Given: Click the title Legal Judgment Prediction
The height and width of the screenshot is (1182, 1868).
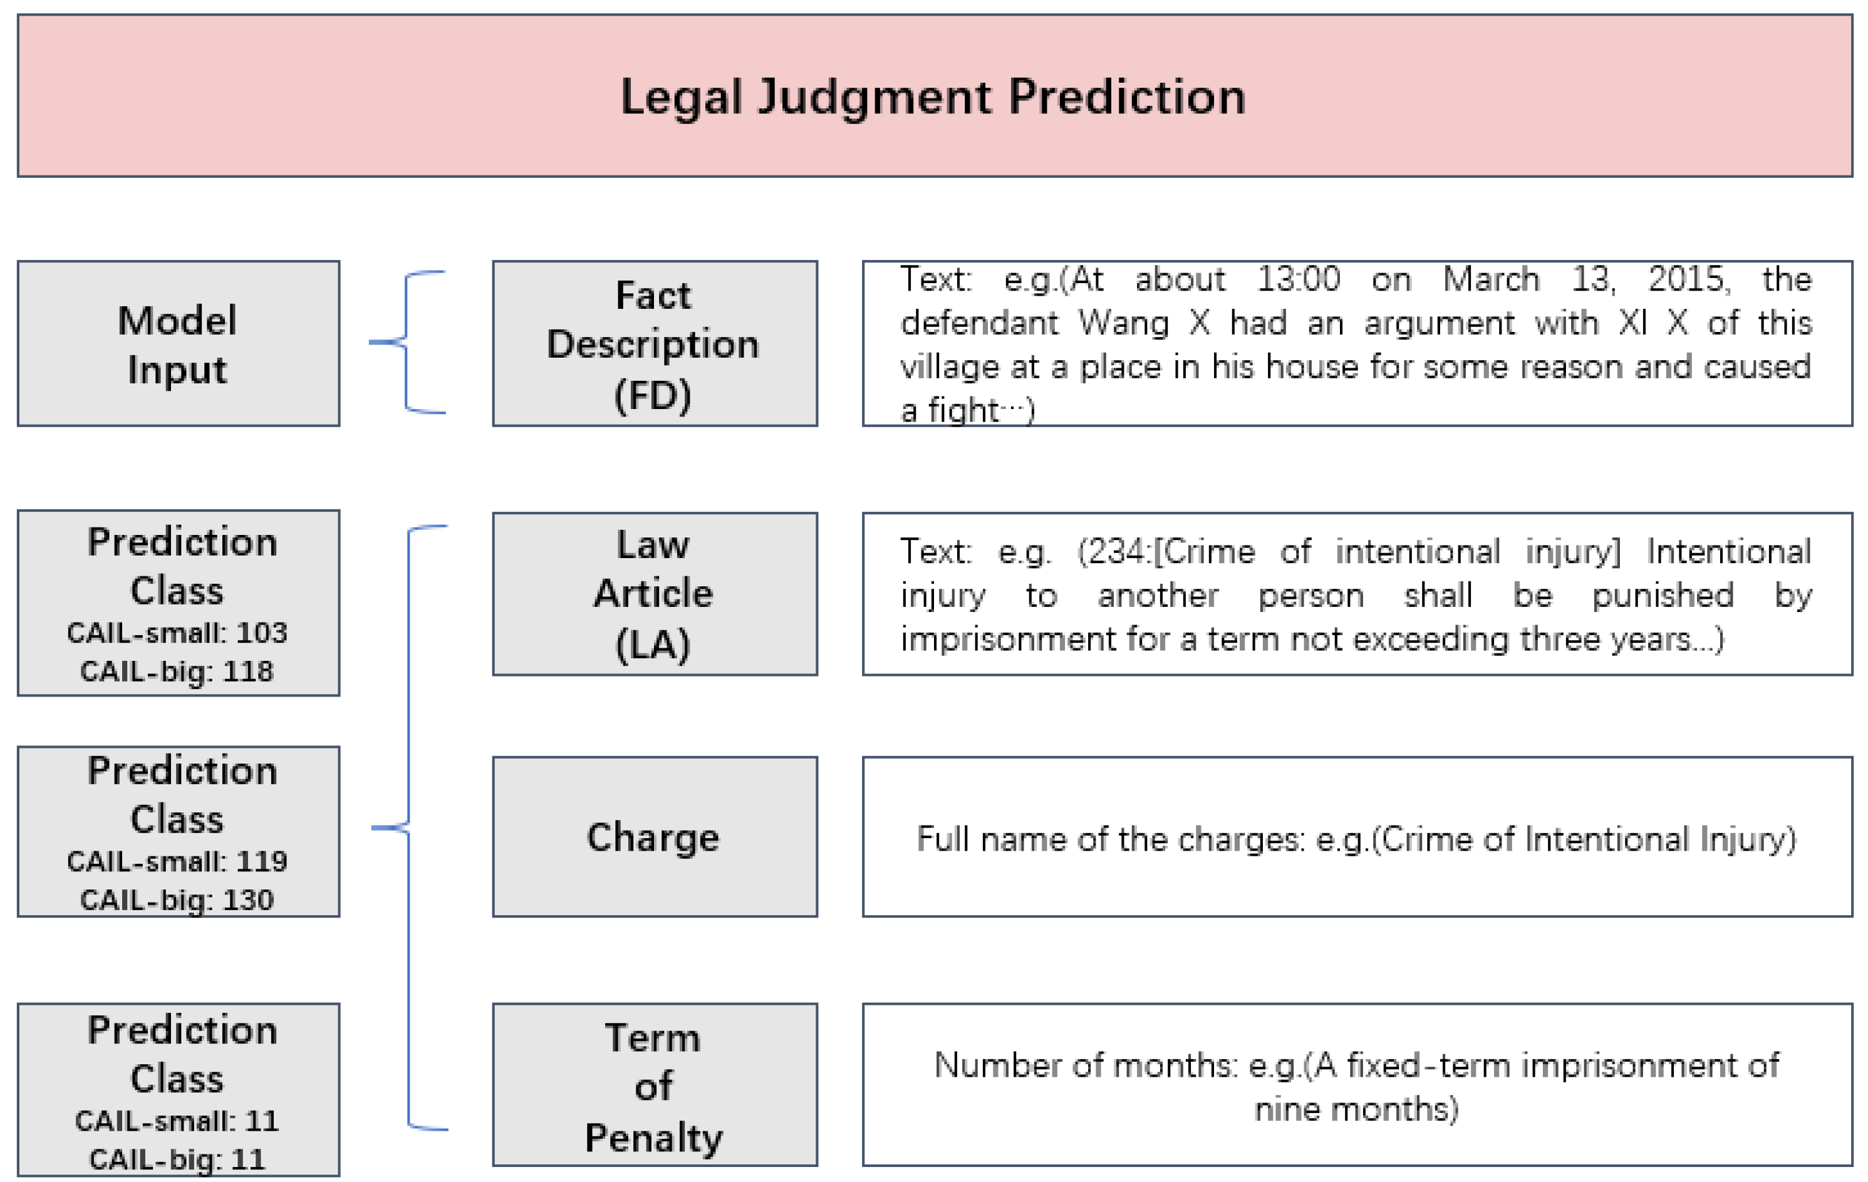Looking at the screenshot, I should pos(933,97).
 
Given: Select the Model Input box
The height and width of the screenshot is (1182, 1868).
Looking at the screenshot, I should pos(178,344).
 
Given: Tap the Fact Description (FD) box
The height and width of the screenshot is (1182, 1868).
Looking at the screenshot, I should pos(654,344).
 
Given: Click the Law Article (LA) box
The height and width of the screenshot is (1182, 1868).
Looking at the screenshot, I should pos(654,594).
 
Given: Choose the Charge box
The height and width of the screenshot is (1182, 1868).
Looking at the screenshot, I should pos(654,837).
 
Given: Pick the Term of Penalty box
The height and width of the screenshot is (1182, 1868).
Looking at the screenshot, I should pos(654,1085).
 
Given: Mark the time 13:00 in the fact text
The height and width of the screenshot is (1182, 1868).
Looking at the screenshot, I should pos(1298,279).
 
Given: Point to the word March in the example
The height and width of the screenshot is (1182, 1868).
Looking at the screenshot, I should pos(1490,279).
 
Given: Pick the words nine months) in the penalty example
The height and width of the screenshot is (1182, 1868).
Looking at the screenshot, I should pos(1356,1109).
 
